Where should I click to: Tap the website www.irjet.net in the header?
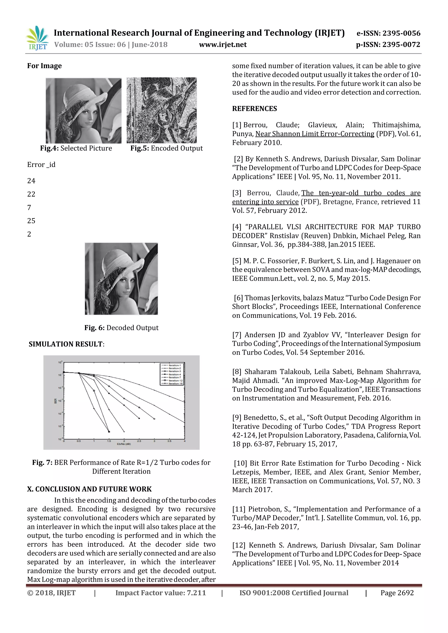tap(223, 45)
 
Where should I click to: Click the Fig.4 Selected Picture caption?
tap(76, 148)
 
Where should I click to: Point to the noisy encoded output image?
tap(161, 110)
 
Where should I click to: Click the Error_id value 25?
tap(31, 221)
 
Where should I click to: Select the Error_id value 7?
tap(29, 208)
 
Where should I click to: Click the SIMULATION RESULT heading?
tap(66, 344)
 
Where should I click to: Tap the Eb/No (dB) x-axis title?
tap(124, 444)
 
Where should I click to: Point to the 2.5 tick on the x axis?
tap(139, 441)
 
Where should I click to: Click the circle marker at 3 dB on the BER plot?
tap(154, 419)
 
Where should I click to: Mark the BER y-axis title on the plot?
tap(55, 401)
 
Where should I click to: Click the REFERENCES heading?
tap(254, 109)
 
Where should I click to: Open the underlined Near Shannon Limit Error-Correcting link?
tap(315, 134)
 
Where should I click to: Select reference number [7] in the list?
tap(237, 335)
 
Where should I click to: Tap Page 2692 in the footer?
tap(397, 593)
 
